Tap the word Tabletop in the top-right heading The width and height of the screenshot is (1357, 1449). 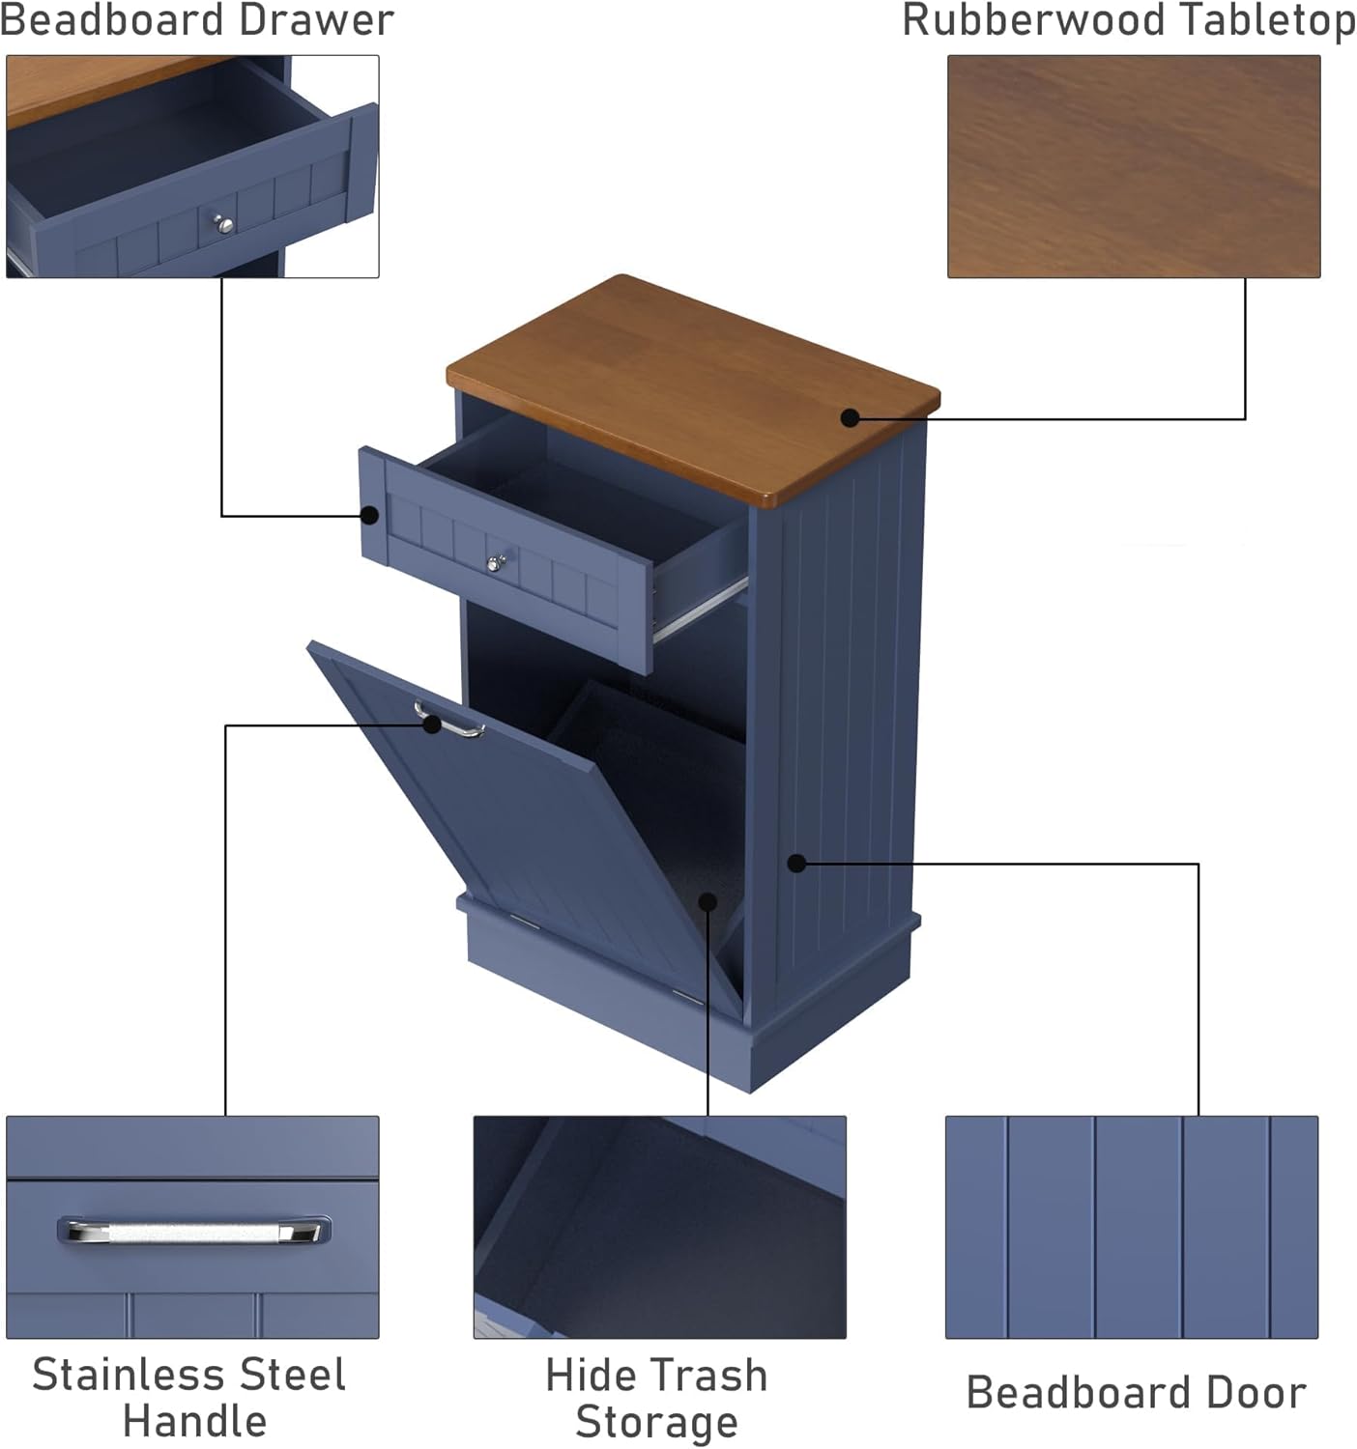[1276, 20]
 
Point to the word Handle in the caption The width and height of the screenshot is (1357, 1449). [194, 1422]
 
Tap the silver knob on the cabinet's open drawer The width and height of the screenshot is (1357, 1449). [496, 562]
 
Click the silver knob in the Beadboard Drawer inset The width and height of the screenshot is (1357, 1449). [224, 225]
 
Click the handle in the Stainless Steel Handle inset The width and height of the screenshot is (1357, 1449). [193, 1232]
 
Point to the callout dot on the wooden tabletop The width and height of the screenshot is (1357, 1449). [850, 417]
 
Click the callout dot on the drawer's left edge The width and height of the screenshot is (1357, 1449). [369, 515]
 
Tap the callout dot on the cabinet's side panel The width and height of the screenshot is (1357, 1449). [796, 863]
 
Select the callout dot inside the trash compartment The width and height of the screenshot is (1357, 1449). [707, 901]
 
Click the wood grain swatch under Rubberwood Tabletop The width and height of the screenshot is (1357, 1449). [1133, 166]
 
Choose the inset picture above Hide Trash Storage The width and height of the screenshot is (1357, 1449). [659, 1227]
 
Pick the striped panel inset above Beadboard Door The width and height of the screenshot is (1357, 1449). [1131, 1227]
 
